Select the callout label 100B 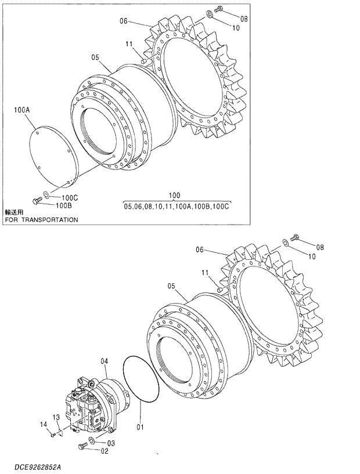[x=64, y=205]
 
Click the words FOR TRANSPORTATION [x=41, y=220]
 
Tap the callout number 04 [x=105, y=361]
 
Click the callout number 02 [x=104, y=450]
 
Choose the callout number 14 [x=44, y=425]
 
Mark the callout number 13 [x=56, y=417]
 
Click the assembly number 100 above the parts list [x=174, y=196]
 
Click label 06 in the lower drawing [x=200, y=251]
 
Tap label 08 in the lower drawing [x=320, y=247]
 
